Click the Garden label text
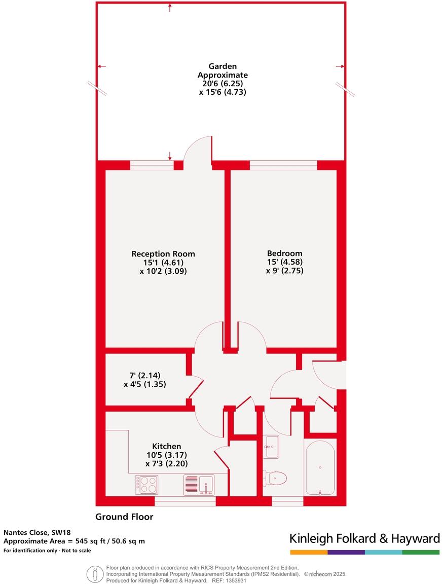pos(223,66)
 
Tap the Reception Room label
pos(163,254)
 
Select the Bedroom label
pos(284,253)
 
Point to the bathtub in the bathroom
pos(320,467)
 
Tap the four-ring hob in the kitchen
pos(146,485)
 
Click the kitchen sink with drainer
pos(199,485)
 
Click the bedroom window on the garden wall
pos(283,165)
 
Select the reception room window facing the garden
pos(152,165)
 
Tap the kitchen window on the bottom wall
pos(185,501)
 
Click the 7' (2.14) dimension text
pos(145,376)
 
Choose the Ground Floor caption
pos(124,517)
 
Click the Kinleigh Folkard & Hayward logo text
pos(364,538)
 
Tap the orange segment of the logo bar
pos(308,552)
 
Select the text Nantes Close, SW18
pos(38,532)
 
